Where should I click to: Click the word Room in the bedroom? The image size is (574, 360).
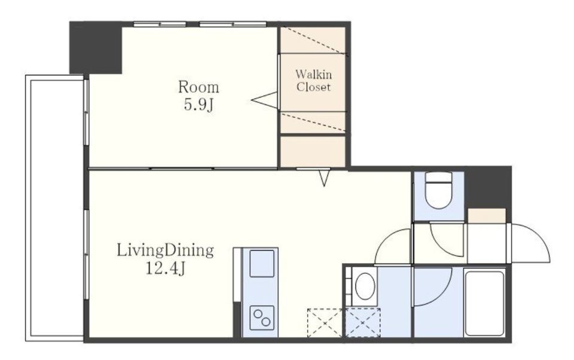pos(199,87)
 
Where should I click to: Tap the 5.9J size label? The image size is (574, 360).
pos(199,105)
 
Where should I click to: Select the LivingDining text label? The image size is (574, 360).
pos(165,251)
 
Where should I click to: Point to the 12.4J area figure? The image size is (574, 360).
pos(166,269)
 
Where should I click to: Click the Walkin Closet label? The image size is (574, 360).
pos(314,81)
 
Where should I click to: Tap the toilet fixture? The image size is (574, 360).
pos(439,190)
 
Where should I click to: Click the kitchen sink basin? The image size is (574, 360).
pos(262,263)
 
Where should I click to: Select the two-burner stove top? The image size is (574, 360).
pos(262,318)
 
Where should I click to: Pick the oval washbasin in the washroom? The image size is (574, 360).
pos(365,286)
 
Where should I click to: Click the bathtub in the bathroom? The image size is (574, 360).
pos(484,303)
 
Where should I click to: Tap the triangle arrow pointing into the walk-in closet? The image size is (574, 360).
pos(264,100)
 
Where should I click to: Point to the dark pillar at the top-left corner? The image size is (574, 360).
pos(96,48)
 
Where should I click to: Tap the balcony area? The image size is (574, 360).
pos(55,208)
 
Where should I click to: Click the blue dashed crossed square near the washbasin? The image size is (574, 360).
pos(362,323)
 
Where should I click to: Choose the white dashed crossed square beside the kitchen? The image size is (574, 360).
pos(325,323)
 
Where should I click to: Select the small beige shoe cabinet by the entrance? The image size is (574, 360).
pos(487,216)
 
